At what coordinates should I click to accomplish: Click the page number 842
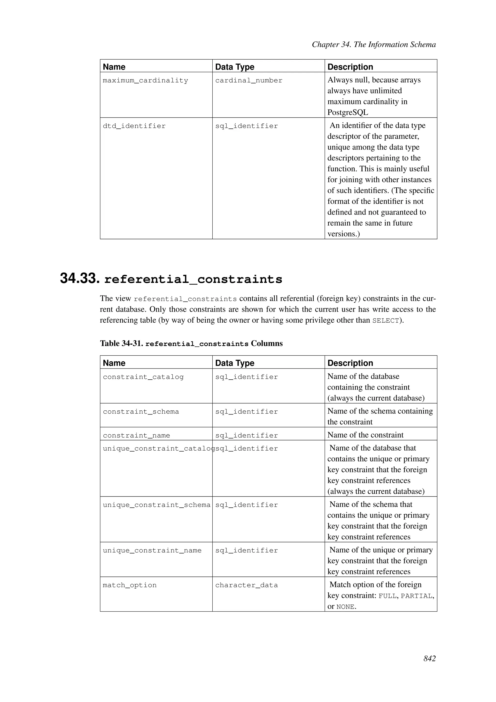[429, 667]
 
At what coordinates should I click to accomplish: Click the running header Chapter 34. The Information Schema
[373, 45]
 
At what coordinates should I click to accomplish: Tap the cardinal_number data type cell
[249, 80]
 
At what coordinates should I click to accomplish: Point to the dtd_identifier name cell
[134, 126]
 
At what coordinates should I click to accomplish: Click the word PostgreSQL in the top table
[348, 112]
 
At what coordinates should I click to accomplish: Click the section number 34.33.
[80, 278]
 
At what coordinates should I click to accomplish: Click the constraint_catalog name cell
[143, 377]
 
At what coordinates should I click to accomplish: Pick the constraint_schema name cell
[141, 412]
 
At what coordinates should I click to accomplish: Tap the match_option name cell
[130, 585]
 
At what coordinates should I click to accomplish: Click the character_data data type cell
[247, 585]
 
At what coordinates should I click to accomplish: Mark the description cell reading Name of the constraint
[365, 435]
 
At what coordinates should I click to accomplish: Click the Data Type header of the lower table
[235, 363]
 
